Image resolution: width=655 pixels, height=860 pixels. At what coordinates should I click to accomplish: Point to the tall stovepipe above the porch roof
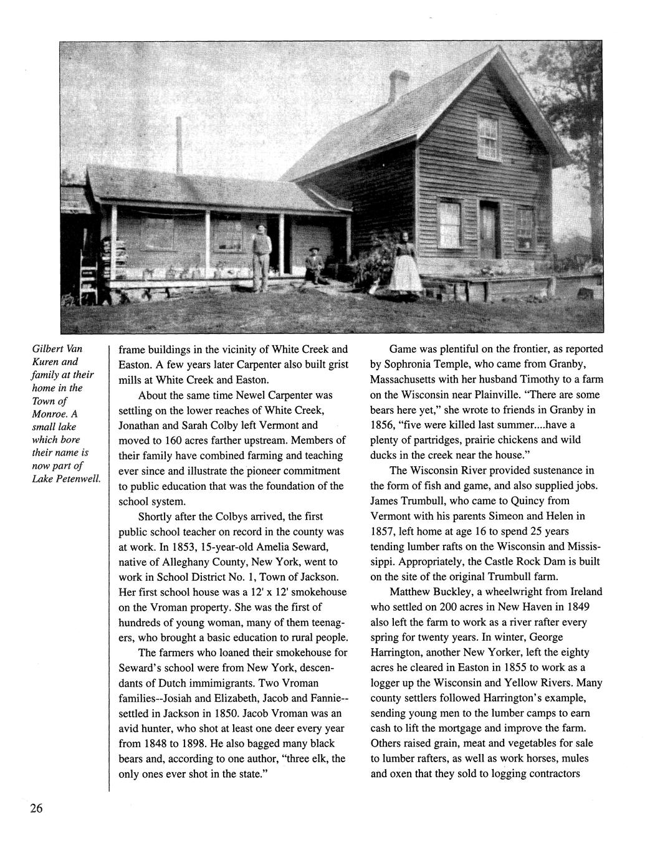click(179, 145)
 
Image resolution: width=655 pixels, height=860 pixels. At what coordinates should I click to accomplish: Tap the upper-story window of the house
click(487, 136)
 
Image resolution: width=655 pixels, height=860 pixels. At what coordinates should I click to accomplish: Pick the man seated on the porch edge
click(313, 265)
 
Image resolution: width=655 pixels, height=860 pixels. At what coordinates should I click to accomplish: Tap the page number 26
click(35, 809)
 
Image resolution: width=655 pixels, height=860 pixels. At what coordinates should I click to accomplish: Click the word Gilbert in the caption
click(48, 348)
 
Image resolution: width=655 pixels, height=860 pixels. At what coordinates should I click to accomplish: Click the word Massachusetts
click(408, 380)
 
